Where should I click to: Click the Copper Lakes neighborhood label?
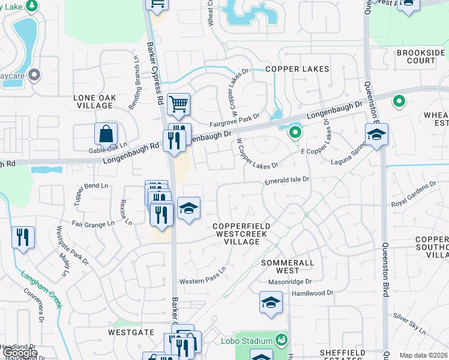(298, 69)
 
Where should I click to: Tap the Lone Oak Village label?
(93, 101)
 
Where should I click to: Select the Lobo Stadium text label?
(253, 341)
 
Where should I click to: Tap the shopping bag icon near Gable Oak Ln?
(106, 134)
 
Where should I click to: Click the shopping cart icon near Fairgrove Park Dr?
(178, 104)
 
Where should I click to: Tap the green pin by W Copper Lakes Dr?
(294, 133)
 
